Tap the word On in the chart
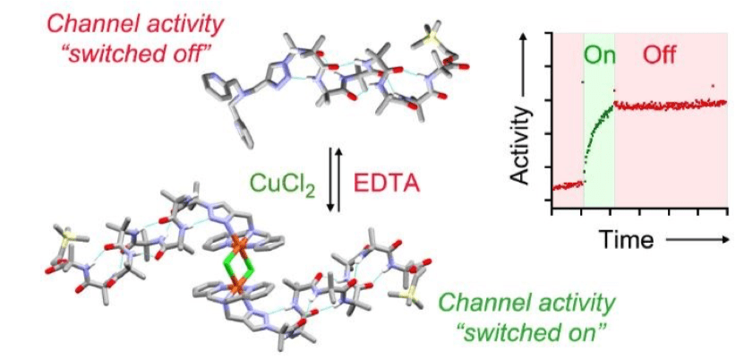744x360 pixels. click(x=599, y=56)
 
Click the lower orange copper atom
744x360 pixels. click(x=232, y=287)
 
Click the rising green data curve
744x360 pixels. click(x=596, y=133)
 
